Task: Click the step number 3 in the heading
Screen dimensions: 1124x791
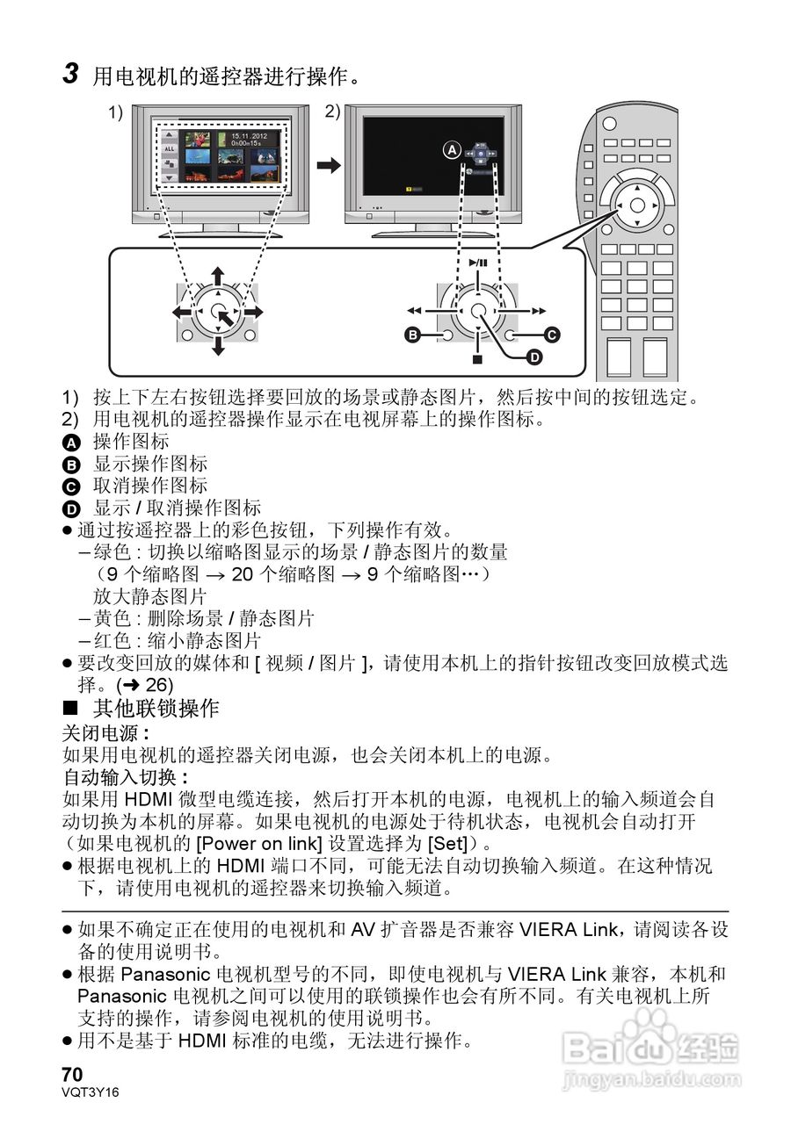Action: point(72,74)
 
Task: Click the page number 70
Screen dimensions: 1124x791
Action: point(72,1075)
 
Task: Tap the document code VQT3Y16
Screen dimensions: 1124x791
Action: point(91,1092)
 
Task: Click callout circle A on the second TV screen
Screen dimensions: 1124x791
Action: point(452,150)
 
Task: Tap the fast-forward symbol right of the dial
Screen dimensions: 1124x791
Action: point(539,311)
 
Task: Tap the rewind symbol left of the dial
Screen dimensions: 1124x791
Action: point(415,311)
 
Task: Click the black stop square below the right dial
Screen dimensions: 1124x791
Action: point(477,358)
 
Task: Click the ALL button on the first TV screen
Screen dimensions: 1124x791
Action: point(170,149)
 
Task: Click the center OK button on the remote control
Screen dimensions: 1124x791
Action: point(637,205)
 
